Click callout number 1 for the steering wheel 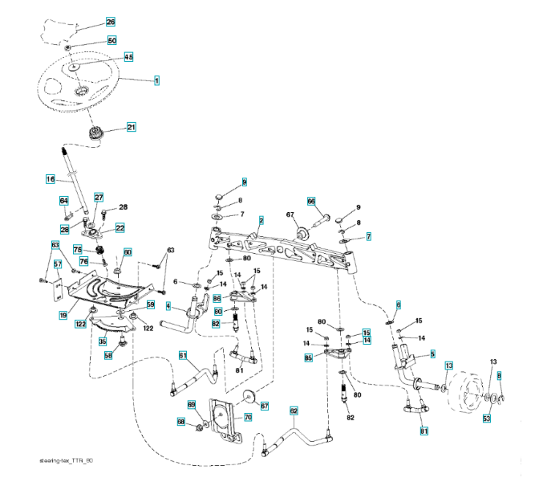pyautogui.click(x=156, y=80)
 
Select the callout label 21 pyautogui.click(x=130, y=127)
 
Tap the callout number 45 pyautogui.click(x=128, y=57)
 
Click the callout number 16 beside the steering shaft pyautogui.click(x=50, y=178)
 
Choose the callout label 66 pyautogui.click(x=311, y=202)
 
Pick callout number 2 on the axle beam pyautogui.click(x=261, y=219)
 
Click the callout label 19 pyautogui.click(x=63, y=316)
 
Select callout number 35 pyautogui.click(x=103, y=341)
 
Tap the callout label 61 pyautogui.click(x=183, y=355)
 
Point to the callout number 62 pyautogui.click(x=294, y=411)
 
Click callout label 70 pyautogui.click(x=248, y=417)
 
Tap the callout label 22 pyautogui.click(x=120, y=228)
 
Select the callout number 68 pyautogui.click(x=180, y=422)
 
